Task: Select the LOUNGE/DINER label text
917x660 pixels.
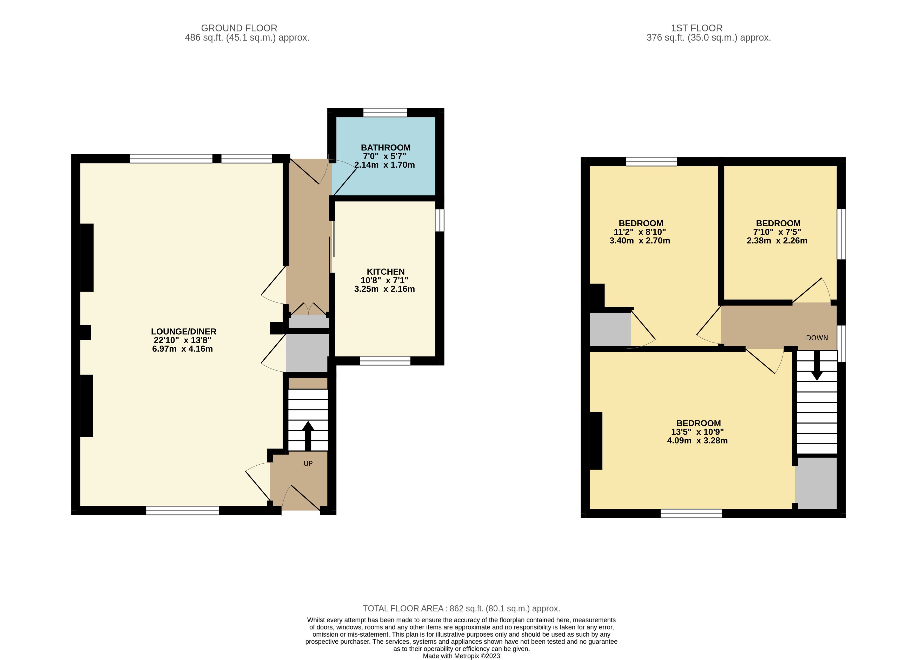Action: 184,332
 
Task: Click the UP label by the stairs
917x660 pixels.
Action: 308,464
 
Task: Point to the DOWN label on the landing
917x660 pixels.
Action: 817,338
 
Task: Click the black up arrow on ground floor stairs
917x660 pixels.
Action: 308,436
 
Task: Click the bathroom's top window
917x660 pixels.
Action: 385,113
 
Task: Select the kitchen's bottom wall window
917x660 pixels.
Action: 385,361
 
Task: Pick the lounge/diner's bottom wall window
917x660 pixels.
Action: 182,510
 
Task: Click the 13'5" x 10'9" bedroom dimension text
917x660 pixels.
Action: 697,432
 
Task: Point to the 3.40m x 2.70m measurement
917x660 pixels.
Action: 640,241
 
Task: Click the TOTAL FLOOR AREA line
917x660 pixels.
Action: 461,608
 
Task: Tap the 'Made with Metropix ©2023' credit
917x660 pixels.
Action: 461,656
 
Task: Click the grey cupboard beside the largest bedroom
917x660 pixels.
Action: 815,483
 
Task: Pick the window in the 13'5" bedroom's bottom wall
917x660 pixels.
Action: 691,513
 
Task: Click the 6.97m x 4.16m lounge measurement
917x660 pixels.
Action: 182,349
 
